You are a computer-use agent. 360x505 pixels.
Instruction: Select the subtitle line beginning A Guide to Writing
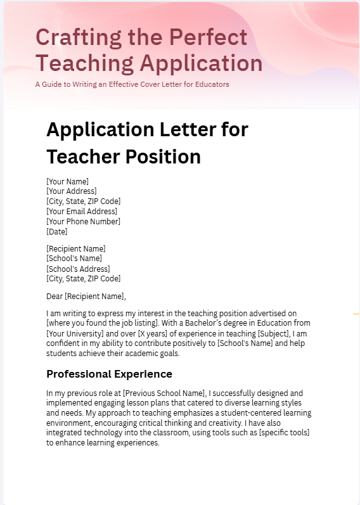click(132, 84)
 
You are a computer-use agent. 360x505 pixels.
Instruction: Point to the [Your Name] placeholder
click(67, 181)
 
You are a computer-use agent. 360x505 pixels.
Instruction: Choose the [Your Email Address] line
click(82, 211)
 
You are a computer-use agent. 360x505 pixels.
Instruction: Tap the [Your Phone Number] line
click(83, 221)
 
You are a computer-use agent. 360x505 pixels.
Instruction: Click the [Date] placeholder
click(57, 231)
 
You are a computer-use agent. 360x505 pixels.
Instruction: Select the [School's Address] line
click(77, 269)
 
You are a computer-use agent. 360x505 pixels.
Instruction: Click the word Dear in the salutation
click(55, 296)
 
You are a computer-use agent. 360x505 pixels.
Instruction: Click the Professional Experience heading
click(109, 374)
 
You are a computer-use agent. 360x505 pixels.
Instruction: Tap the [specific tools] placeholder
click(284, 433)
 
